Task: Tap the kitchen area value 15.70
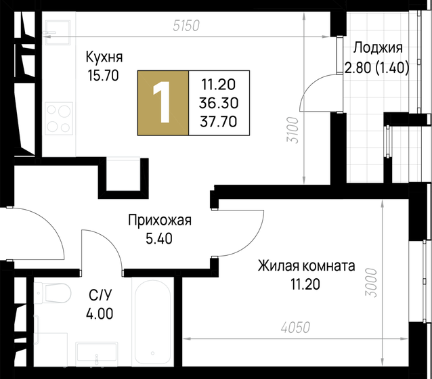pyautogui.click(x=103, y=75)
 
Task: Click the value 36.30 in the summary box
pyautogui.click(x=219, y=103)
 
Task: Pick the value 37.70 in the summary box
pyautogui.click(x=219, y=121)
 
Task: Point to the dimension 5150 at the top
pyautogui.click(x=187, y=26)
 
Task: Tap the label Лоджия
pyautogui.click(x=379, y=48)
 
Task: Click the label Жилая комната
pyautogui.click(x=305, y=266)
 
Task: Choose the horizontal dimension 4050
pyautogui.click(x=295, y=328)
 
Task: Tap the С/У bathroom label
pyautogui.click(x=100, y=294)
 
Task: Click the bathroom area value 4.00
pyautogui.click(x=100, y=313)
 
